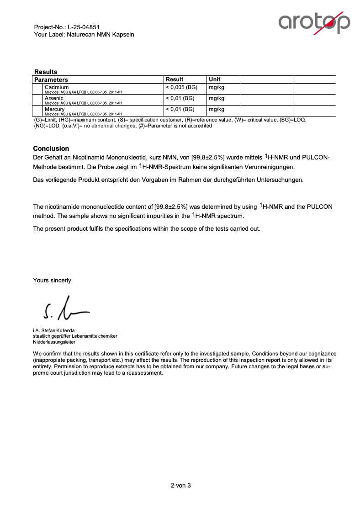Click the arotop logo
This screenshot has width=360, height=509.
314,22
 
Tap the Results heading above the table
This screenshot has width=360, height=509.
46,72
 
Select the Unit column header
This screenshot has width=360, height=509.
214,80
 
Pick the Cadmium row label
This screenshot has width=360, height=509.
57,87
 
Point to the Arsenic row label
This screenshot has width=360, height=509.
54,98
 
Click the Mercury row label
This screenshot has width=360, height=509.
55,109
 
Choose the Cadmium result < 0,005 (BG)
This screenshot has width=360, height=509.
181,87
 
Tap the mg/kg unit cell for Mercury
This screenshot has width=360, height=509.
217,109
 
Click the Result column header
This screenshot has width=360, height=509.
175,80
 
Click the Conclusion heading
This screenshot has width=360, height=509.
51,148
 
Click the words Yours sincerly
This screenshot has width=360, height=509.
52,281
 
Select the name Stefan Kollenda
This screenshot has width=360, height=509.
58,330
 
